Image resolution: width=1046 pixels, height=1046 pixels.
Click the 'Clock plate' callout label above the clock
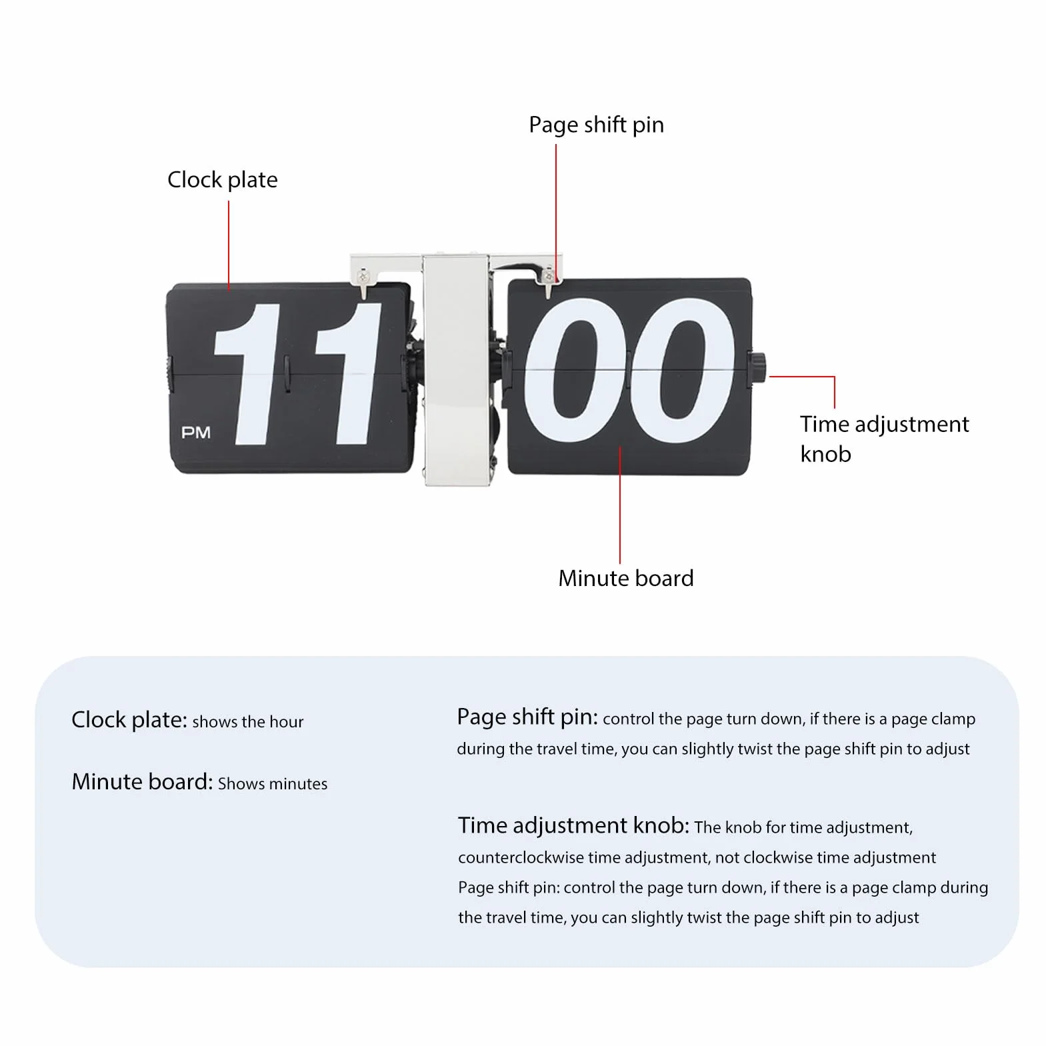click(x=222, y=180)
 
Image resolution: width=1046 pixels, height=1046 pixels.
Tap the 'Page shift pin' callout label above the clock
click(x=596, y=125)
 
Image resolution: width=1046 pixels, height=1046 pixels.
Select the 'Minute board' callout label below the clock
click(x=625, y=578)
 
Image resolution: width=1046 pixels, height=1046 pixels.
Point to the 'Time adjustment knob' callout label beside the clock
click(x=884, y=439)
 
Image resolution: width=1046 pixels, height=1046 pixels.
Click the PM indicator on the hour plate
click(x=196, y=433)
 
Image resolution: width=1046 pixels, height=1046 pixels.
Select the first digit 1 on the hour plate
click(x=249, y=374)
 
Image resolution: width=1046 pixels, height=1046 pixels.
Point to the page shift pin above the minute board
click(x=548, y=283)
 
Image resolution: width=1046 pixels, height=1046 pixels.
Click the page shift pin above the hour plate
click(x=363, y=283)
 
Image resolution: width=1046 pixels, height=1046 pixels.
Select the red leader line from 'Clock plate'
click(x=229, y=245)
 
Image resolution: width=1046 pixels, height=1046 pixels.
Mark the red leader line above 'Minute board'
click(x=620, y=505)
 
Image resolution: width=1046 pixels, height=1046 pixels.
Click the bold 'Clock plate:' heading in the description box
click(x=129, y=720)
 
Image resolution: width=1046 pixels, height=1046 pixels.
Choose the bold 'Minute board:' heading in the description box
click(x=142, y=781)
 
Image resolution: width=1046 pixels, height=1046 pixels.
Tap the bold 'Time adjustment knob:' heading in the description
click(x=573, y=826)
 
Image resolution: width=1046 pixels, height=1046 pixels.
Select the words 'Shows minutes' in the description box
click(x=273, y=784)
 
